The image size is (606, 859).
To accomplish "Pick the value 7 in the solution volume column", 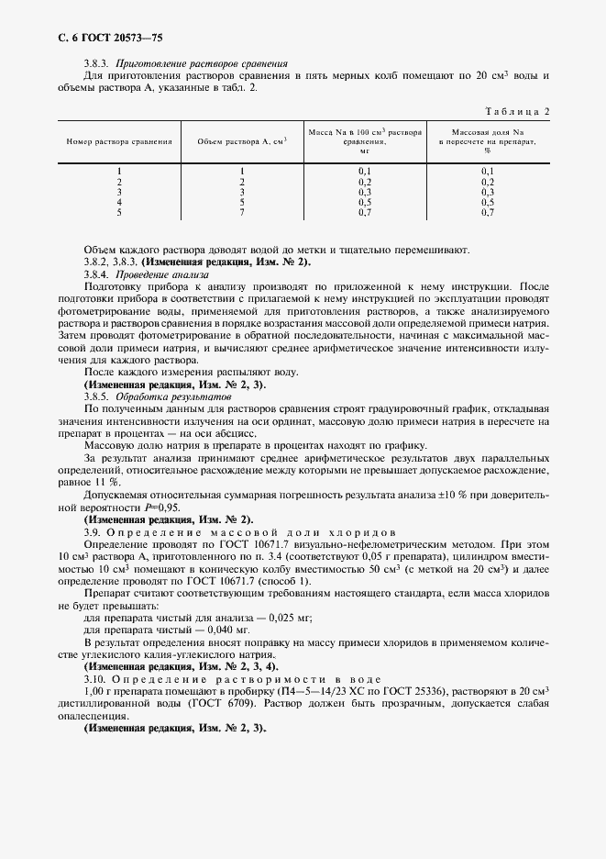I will coord(242,213).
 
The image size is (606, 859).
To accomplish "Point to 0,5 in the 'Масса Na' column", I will coord(364,202).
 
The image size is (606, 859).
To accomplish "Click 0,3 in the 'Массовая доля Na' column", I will coord(488,192).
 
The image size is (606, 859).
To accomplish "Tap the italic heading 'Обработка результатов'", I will coord(171,396).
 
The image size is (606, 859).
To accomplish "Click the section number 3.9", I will coord(93,531).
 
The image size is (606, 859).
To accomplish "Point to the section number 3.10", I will coord(95,676).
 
